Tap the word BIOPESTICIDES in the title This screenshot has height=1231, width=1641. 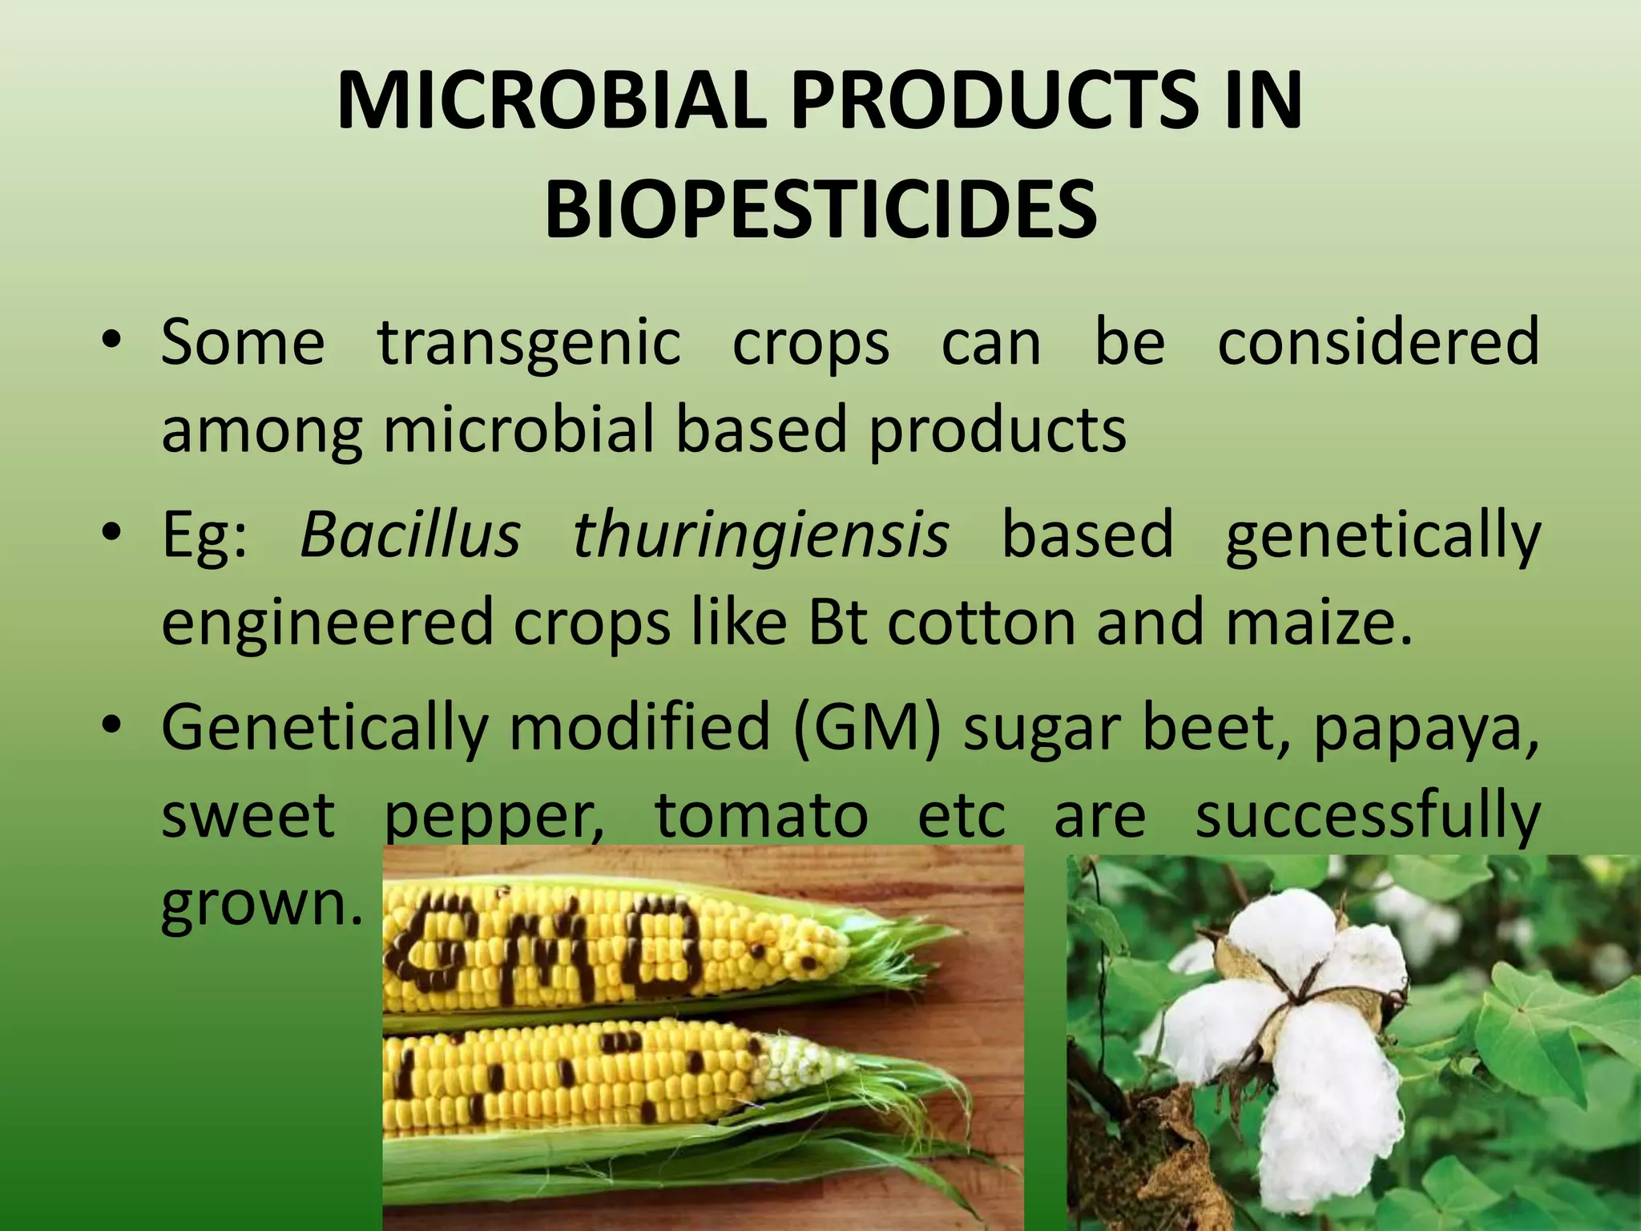(820, 211)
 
